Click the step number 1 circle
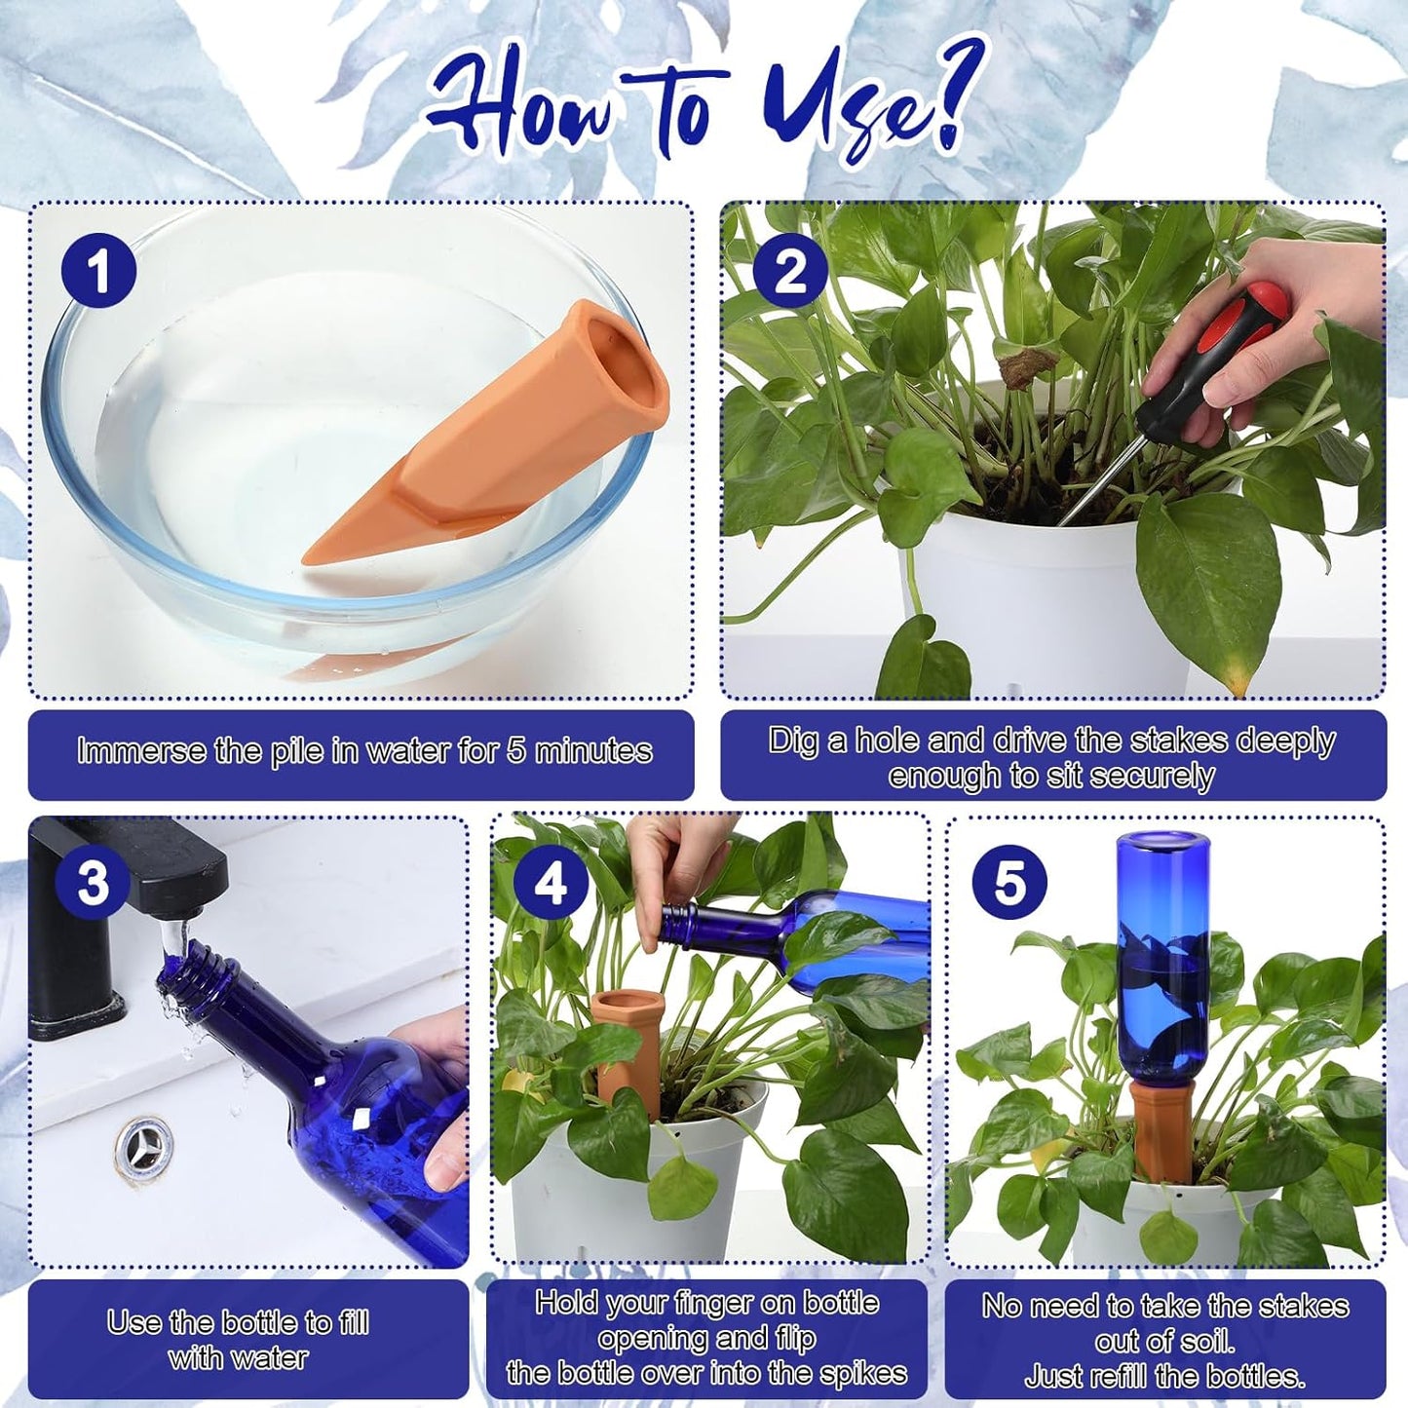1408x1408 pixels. tap(98, 272)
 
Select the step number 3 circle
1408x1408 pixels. tap(93, 883)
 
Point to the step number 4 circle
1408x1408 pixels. tap(551, 883)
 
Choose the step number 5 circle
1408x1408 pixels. tap(1009, 883)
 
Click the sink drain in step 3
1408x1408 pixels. tap(144, 1147)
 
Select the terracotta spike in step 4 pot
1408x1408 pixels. tap(628, 1047)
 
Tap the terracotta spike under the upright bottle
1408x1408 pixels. tap(1162, 1130)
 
